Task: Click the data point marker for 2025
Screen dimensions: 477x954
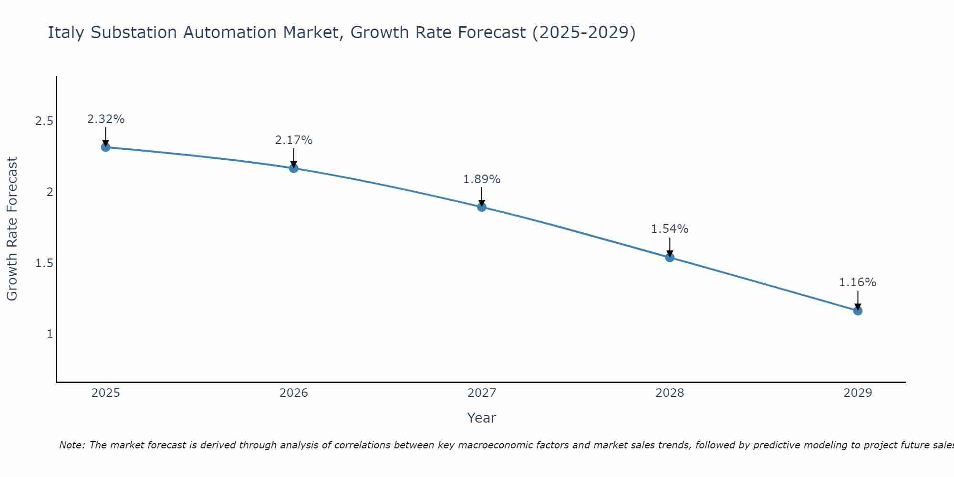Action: pos(105,147)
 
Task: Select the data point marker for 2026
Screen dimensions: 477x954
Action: pos(293,168)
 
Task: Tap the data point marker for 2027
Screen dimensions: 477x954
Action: pos(482,207)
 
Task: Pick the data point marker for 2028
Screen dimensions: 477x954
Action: pos(670,258)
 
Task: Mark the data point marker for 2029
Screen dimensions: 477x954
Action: pos(858,311)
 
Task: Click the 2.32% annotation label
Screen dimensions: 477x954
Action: pos(105,119)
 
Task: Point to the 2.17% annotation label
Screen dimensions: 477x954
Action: pos(293,140)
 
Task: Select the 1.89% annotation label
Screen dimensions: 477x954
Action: pos(482,179)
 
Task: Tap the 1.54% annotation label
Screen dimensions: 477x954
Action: pos(670,229)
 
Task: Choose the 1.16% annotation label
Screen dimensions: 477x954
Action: pos(858,282)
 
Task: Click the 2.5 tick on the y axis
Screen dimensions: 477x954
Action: pos(44,121)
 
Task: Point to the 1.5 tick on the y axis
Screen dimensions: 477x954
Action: pos(44,263)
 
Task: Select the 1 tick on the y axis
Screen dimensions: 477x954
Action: pos(50,334)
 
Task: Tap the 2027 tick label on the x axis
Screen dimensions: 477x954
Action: pos(482,393)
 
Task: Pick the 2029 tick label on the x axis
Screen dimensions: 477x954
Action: pos(858,393)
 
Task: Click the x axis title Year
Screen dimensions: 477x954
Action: pos(482,418)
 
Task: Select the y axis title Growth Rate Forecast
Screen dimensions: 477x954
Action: pos(12,229)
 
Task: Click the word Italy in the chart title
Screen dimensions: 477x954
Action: pos(66,32)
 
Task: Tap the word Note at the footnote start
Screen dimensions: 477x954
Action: pos(72,445)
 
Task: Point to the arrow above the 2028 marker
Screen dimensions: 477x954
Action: pos(670,247)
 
